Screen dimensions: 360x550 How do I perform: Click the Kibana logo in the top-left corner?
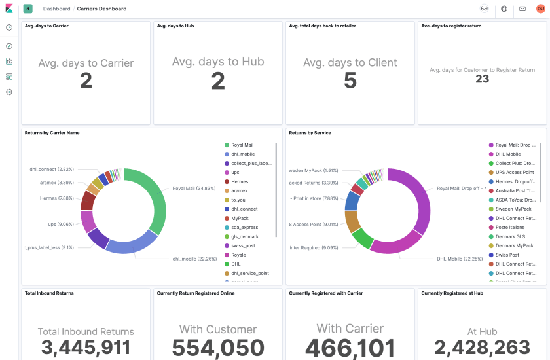coord(9,9)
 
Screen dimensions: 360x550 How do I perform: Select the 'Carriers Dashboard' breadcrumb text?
coord(101,9)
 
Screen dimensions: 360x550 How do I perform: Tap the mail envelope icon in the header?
coord(522,9)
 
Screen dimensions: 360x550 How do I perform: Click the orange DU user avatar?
coord(540,9)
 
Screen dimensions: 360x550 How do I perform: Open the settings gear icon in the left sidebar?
coord(9,92)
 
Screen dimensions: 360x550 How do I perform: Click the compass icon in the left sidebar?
coord(9,46)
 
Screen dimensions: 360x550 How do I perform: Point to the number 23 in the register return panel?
coord(482,79)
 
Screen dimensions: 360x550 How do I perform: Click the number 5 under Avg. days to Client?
coord(350,81)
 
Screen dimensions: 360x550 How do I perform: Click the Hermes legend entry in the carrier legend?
coord(239,182)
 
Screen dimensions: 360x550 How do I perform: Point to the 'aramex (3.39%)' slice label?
coord(56,183)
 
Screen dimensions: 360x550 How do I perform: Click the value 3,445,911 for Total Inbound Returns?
coord(86,348)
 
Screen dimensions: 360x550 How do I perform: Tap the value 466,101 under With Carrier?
coord(350,348)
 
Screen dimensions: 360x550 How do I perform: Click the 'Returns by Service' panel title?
coord(310,133)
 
